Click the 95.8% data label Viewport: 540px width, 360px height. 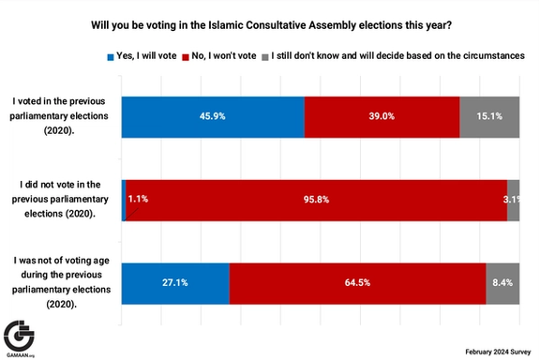pyautogui.click(x=316, y=199)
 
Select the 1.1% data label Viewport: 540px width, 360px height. pyautogui.click(x=137, y=199)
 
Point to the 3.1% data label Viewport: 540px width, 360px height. pyautogui.click(x=513, y=199)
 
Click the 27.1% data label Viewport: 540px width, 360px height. pyautogui.click(x=175, y=280)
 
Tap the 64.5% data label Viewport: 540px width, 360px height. pyautogui.click(x=357, y=280)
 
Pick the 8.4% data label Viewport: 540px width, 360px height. pyautogui.click(x=502, y=280)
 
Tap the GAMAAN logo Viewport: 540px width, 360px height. pyautogui.click(x=20, y=337)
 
